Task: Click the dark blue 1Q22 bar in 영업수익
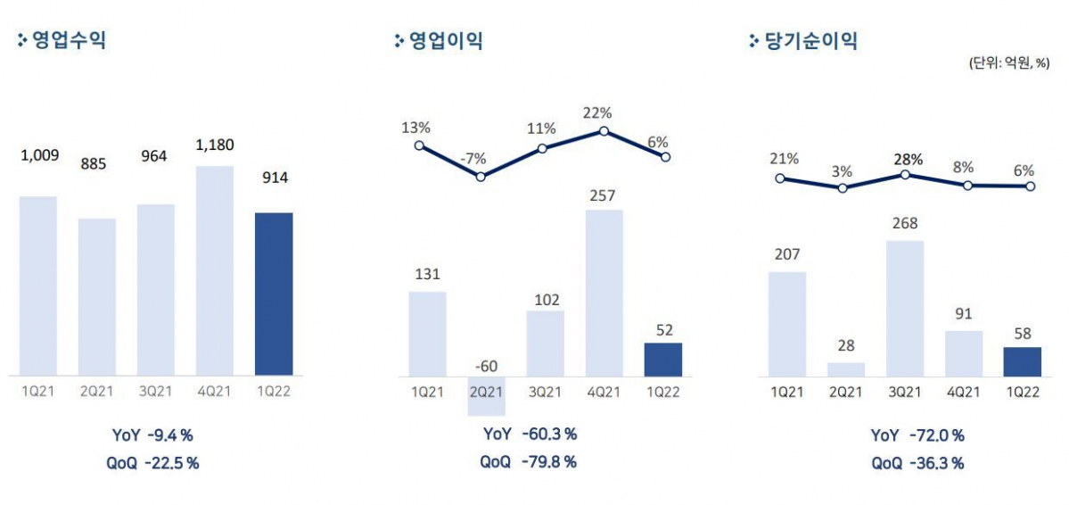(x=274, y=294)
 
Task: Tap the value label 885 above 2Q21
(x=97, y=164)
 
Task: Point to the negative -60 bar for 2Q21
(x=487, y=395)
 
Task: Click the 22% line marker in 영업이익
(x=604, y=131)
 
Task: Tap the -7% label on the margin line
(x=474, y=159)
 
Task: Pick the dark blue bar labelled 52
(x=662, y=359)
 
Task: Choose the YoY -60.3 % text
(x=530, y=435)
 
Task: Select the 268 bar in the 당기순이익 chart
(x=905, y=308)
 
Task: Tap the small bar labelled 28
(x=846, y=368)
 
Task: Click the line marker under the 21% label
(x=781, y=178)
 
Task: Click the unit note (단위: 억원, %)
(x=1007, y=63)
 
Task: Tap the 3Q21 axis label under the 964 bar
(x=156, y=390)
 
